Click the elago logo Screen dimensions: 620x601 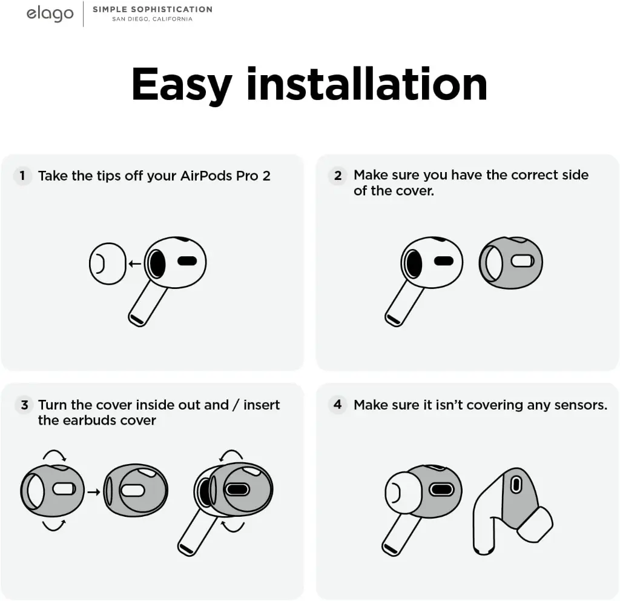(x=50, y=14)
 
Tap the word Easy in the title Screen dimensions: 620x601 (x=182, y=85)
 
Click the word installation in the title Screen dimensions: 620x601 (x=366, y=84)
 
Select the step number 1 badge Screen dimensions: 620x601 (x=22, y=175)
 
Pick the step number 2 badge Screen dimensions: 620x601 (x=338, y=175)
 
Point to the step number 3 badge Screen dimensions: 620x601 (x=24, y=405)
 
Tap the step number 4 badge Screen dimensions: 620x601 (x=338, y=404)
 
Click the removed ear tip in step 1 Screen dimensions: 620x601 (x=108, y=264)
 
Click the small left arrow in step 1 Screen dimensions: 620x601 (x=135, y=264)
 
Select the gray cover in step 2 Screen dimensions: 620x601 (x=510, y=263)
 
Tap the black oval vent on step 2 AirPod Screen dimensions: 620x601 (x=444, y=261)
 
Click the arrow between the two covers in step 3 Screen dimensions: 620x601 (x=94, y=492)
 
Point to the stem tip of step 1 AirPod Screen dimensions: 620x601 (x=136, y=320)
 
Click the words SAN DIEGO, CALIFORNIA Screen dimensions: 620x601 (x=152, y=19)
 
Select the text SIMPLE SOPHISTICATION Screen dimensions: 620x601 (x=153, y=9)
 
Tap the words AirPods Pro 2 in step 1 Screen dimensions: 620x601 (x=225, y=176)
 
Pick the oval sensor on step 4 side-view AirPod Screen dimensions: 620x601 (x=516, y=485)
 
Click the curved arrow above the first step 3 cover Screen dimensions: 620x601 (x=54, y=454)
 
